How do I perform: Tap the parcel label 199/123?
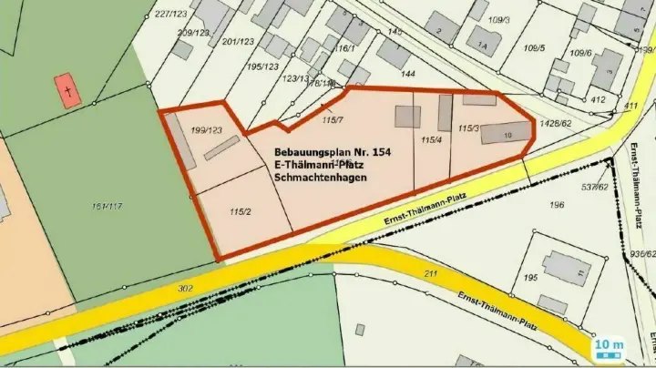click(208, 130)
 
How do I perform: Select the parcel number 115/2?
click(241, 211)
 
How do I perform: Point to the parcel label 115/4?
click(431, 140)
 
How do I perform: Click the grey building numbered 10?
click(506, 134)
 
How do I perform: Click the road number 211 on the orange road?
click(432, 272)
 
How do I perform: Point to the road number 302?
click(185, 289)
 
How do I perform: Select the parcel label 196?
click(557, 205)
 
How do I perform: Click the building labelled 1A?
click(484, 41)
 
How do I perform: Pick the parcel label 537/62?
click(595, 188)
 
